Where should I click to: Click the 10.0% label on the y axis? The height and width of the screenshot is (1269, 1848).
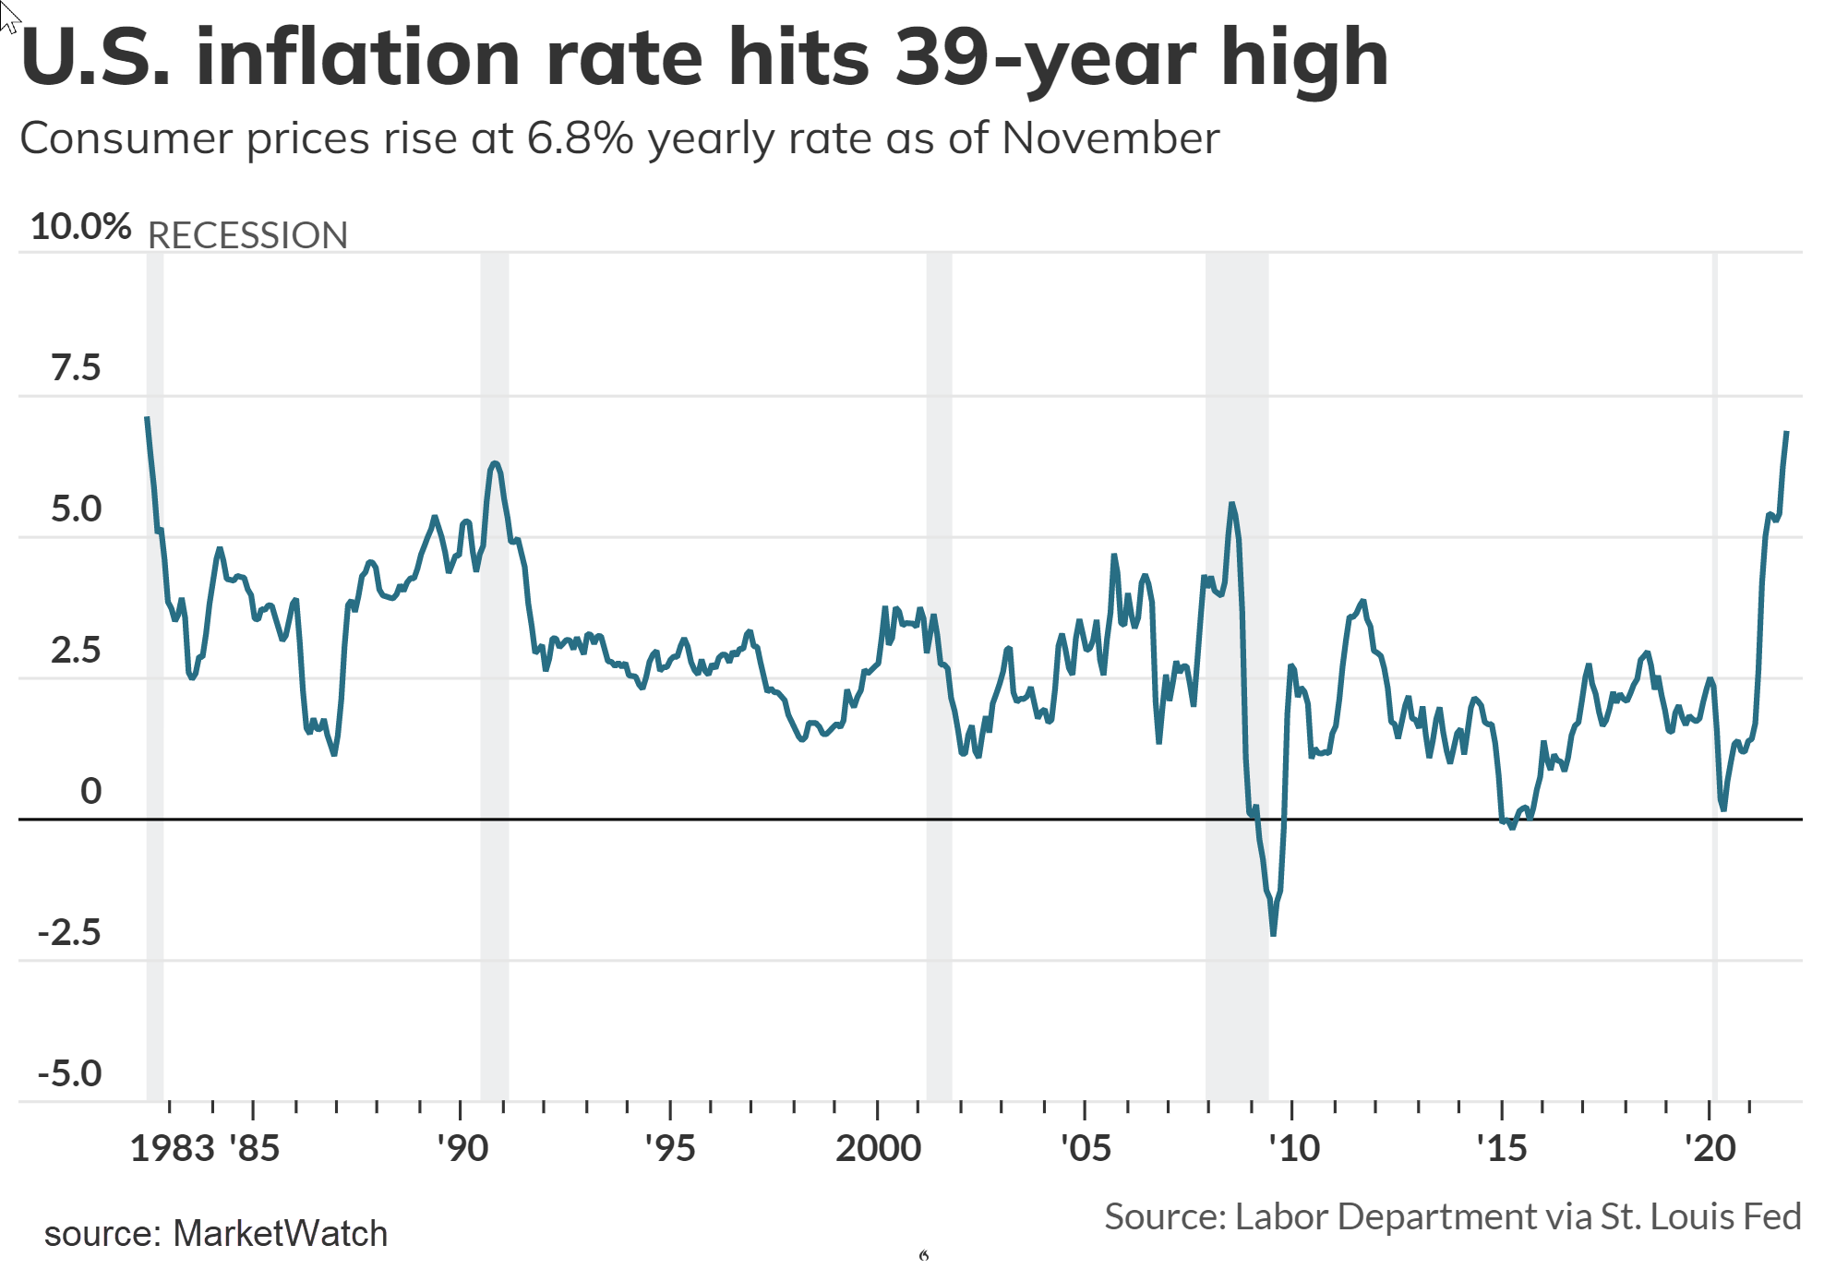80,227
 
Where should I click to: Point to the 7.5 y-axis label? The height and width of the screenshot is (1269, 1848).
76,368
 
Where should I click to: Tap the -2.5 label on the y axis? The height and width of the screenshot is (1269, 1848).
69,933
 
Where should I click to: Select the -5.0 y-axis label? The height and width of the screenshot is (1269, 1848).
69,1074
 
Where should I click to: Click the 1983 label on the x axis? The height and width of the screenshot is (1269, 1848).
172,1149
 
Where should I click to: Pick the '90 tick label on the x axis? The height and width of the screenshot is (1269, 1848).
462,1149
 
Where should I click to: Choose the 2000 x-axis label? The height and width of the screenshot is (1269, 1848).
878,1149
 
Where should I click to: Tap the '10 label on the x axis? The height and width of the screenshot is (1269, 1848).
1294,1149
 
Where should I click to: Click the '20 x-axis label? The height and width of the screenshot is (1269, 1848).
1710,1149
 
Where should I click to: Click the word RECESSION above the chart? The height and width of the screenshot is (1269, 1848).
247,236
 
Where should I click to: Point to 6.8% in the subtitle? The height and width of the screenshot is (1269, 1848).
580,139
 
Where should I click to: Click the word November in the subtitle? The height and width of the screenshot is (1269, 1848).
1110,139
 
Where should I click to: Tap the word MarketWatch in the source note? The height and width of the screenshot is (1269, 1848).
280,1234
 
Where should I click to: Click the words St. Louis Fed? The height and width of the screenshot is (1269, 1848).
1700,1217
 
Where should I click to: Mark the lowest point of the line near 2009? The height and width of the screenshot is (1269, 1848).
1273,934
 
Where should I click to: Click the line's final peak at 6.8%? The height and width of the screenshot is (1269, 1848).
1786,433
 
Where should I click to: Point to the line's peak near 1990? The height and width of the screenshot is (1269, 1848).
495,463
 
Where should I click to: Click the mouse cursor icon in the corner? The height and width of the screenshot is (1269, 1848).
9,17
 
